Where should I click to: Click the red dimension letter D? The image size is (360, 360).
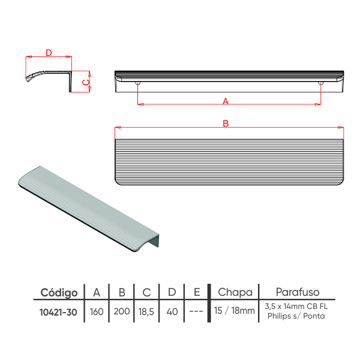[x=49, y=53]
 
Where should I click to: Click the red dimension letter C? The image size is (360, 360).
[x=86, y=82]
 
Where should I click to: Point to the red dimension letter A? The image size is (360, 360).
[x=226, y=101]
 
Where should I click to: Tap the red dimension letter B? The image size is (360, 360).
[x=226, y=124]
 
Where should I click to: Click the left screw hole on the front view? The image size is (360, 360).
[x=137, y=83]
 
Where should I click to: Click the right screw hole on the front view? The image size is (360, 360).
[x=320, y=83]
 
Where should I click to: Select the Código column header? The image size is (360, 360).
[x=59, y=293]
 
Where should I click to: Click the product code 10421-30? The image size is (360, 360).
[x=58, y=312]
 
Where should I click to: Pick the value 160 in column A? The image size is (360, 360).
[x=97, y=312]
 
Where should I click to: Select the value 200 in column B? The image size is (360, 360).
[x=122, y=311]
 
